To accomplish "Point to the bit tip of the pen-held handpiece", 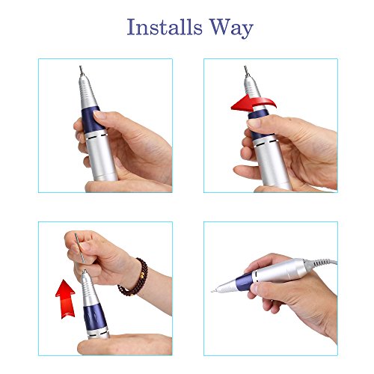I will click(224, 303).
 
